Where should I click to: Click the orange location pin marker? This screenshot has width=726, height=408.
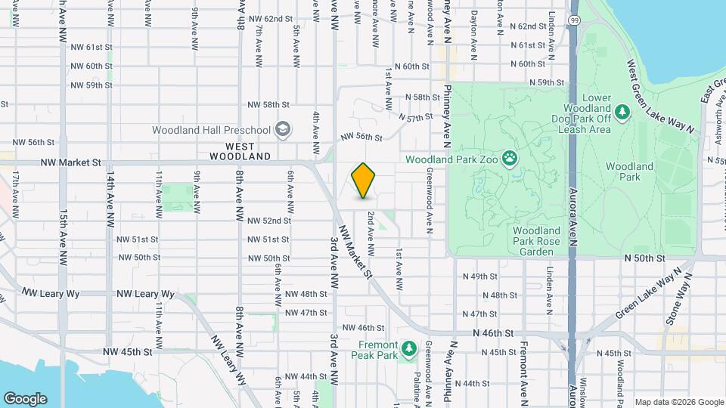(364, 181)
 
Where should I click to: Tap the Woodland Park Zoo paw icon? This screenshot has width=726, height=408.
(513, 159)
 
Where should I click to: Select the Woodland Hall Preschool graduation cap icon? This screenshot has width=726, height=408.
(283, 129)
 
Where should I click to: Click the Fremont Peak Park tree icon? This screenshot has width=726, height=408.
(408, 348)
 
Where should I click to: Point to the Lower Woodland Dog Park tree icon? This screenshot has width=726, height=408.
(622, 113)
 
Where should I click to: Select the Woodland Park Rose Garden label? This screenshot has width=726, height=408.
(535, 241)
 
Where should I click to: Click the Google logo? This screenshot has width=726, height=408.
(25, 399)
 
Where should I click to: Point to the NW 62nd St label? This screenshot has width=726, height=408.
(270, 19)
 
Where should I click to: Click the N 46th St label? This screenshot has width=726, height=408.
(493, 332)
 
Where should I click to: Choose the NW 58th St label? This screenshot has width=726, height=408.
(269, 104)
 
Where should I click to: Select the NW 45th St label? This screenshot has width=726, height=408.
(127, 351)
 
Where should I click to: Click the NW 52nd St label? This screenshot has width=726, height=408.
(269, 221)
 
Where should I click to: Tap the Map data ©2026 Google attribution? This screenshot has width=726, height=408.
(678, 402)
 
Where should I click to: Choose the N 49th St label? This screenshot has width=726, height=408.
(480, 277)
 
